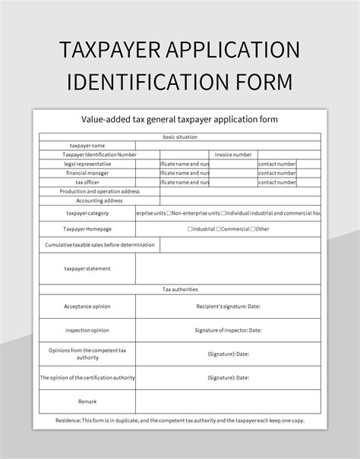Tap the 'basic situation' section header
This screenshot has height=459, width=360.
point(179,137)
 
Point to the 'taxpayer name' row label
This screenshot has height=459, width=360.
point(87,145)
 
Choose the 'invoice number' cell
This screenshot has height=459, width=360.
point(232,154)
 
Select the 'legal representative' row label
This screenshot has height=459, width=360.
point(87,163)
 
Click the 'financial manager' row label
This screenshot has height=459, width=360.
point(87,172)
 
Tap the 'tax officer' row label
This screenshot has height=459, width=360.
point(87,182)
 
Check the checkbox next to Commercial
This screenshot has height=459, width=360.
point(219,228)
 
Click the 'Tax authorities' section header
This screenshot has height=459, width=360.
point(179,289)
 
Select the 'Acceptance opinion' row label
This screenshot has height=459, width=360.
point(87,306)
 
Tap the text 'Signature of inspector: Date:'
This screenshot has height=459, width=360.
point(228,330)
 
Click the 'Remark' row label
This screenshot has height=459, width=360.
point(87,401)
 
